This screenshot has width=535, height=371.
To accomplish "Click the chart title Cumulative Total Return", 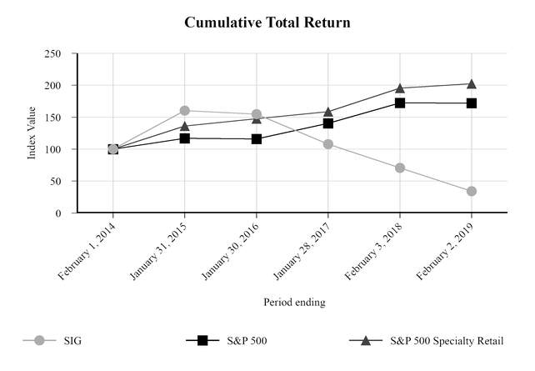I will (267, 23).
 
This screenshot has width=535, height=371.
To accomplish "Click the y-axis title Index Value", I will (32, 133).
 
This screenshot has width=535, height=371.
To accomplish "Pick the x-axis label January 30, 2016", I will (231, 249).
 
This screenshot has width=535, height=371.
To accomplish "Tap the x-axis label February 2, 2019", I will (447, 248).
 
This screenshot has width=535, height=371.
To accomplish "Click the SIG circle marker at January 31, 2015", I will (184, 110).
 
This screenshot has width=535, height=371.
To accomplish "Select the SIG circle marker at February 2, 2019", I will (472, 191).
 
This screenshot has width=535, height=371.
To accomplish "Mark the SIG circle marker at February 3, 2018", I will (400, 168).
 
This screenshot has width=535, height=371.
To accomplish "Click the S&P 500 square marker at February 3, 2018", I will (400, 103).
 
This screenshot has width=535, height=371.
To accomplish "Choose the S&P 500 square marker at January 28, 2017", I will (327, 123).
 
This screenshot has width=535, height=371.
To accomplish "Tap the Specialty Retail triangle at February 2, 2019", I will (472, 83).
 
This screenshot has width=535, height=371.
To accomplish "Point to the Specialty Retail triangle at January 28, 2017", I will (327, 111).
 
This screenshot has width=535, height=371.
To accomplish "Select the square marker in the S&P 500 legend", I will (202, 341).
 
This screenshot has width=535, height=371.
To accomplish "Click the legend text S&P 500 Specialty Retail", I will (447, 341).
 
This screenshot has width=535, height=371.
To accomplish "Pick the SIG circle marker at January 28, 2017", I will (327, 144).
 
